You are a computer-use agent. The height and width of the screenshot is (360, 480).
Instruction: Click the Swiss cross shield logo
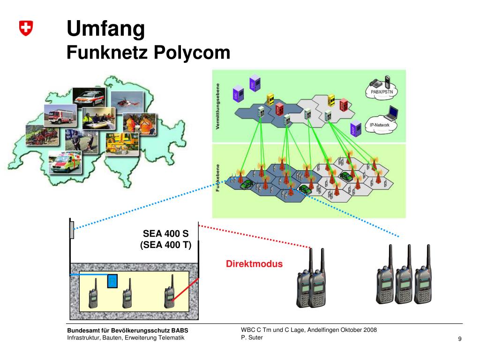click(x=26, y=29)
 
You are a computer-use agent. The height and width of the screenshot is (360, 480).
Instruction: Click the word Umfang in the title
click(x=105, y=29)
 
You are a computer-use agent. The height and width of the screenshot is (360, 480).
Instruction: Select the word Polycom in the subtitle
click(x=192, y=52)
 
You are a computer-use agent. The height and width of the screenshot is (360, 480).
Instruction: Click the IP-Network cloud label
click(x=380, y=125)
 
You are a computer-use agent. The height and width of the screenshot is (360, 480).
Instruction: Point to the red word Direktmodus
click(x=255, y=264)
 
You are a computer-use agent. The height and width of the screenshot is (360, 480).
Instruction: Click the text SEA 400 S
click(x=165, y=233)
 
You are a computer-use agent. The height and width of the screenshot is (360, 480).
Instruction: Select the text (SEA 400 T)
click(x=166, y=245)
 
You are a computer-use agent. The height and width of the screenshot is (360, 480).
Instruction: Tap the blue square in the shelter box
click(x=112, y=281)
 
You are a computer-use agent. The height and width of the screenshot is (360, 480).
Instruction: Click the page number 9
click(x=460, y=339)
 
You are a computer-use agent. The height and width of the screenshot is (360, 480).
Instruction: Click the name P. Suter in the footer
click(x=252, y=337)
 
